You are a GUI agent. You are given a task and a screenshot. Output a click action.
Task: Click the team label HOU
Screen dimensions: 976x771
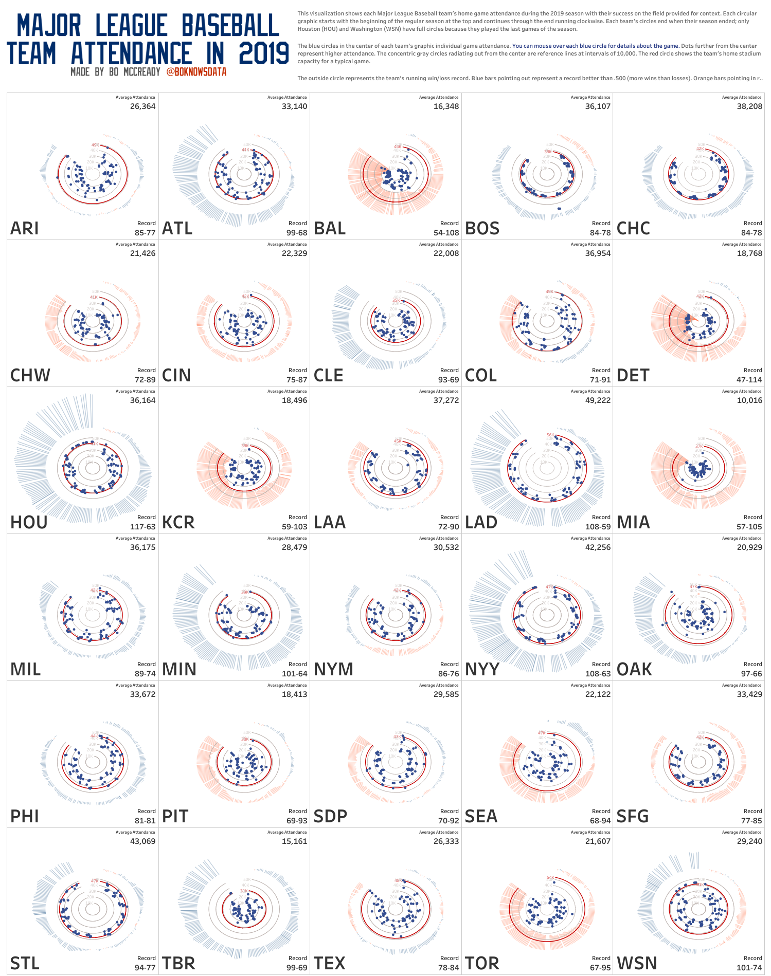tap(29, 523)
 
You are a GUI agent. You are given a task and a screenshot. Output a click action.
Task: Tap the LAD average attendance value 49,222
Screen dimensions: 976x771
tap(598, 400)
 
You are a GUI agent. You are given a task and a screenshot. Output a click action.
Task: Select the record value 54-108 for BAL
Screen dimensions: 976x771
tap(446, 233)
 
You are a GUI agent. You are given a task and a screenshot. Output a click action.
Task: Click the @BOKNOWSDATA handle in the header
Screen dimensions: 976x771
tap(196, 72)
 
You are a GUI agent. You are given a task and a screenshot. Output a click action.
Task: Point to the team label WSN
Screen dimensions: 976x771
tap(637, 964)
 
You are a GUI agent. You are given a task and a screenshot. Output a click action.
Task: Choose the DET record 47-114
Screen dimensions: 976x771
tap(749, 380)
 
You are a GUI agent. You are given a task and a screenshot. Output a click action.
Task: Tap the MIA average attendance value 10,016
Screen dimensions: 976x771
tap(749, 400)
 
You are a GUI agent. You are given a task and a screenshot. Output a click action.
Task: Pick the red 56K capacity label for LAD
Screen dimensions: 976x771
tap(550, 435)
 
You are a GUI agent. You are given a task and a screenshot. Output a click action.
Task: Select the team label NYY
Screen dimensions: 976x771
tap(482, 670)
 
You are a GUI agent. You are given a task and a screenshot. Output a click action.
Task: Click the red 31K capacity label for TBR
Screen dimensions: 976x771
tap(244, 891)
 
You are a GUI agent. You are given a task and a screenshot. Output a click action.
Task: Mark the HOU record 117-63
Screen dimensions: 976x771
tap(142, 527)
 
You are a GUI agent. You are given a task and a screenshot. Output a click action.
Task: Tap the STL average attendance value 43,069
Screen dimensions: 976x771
tap(142, 841)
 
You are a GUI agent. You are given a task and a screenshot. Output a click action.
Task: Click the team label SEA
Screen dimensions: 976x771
tap(481, 817)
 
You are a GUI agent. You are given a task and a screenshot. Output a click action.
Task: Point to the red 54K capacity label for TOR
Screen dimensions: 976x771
tap(550, 878)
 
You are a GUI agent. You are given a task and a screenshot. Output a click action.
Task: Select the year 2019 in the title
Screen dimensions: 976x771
tap(264, 54)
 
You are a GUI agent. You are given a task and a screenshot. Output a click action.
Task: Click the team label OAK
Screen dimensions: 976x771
tap(634, 670)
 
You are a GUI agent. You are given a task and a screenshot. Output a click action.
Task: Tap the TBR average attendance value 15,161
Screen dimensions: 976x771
tap(294, 841)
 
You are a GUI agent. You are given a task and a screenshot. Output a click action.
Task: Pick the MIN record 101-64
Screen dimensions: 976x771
tap(294, 674)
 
